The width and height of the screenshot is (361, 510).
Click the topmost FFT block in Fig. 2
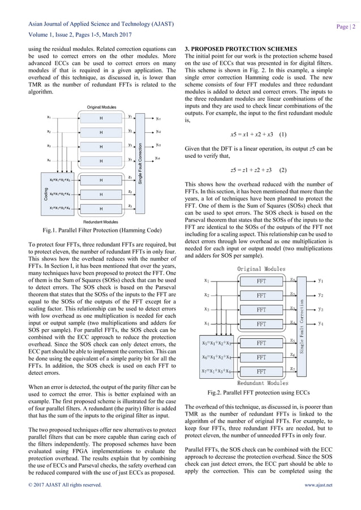point(261,280)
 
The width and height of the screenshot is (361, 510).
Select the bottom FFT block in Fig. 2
point(261,371)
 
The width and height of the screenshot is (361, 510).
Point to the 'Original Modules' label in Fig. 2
point(261,268)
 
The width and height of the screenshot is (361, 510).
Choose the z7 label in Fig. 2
point(292,369)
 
